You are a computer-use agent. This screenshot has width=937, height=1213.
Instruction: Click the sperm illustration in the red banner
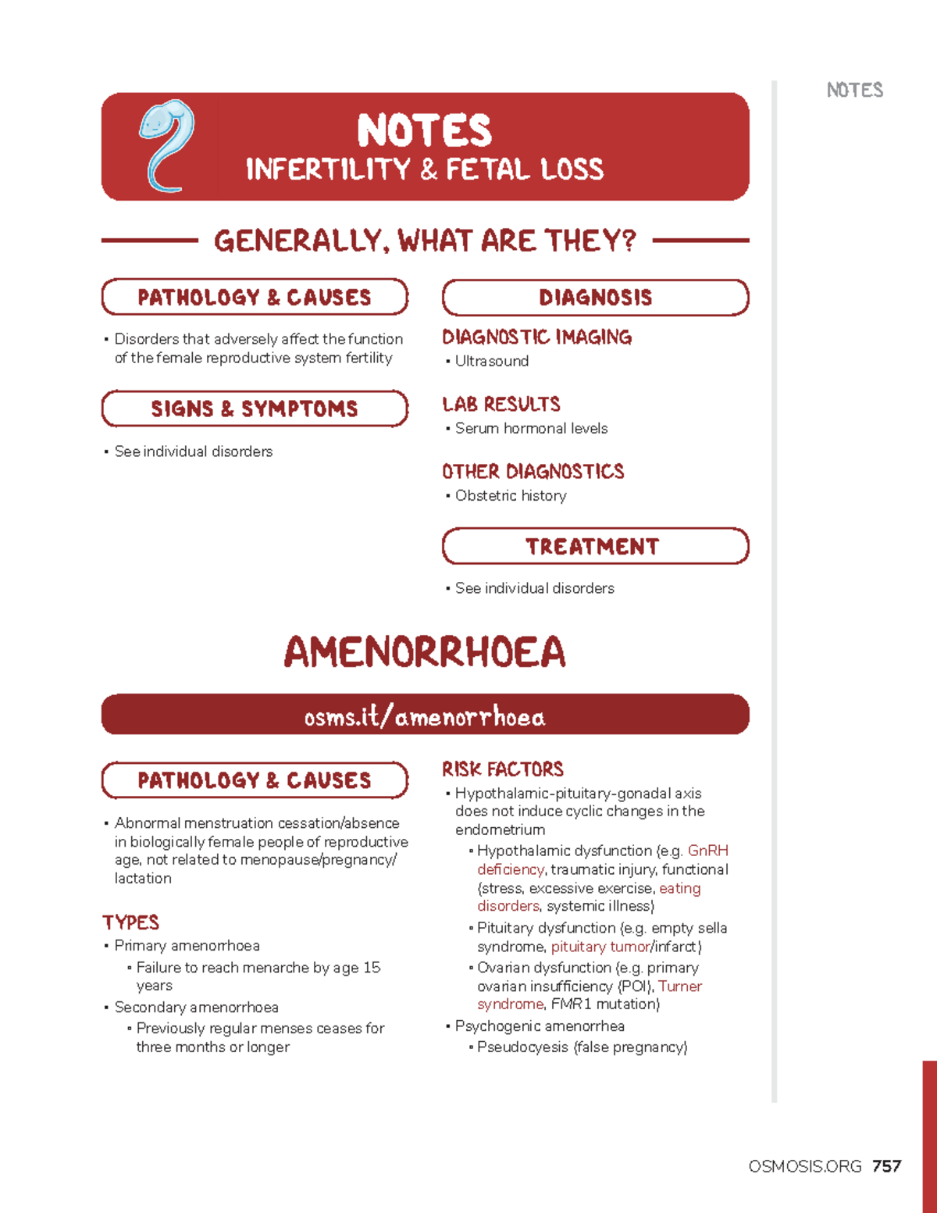(166, 145)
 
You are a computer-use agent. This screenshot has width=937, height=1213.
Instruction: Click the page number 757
(887, 1166)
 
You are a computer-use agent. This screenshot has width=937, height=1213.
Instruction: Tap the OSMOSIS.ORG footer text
(804, 1166)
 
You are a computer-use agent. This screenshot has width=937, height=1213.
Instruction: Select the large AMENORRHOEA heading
(425, 652)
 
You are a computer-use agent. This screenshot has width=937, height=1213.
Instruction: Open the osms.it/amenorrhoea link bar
(425, 715)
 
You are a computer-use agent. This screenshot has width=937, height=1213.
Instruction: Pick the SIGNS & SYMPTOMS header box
(255, 408)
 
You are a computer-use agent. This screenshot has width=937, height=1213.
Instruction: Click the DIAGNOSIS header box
(595, 298)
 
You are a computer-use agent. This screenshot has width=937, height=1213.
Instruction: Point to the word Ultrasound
(492, 361)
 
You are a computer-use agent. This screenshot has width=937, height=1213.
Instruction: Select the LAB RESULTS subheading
(501, 404)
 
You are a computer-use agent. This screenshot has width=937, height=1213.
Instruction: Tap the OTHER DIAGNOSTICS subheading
(533, 471)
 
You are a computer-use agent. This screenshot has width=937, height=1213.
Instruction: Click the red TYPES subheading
(130, 922)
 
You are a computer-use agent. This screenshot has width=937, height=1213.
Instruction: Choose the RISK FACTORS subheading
(503, 769)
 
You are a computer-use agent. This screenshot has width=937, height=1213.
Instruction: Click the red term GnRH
(707, 851)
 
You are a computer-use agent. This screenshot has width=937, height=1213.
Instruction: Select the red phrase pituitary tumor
(600, 947)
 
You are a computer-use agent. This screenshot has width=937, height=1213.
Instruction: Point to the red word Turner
(680, 986)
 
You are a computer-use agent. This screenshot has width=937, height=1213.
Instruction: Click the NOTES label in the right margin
(855, 91)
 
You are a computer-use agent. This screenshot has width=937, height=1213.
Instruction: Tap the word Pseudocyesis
(522, 1047)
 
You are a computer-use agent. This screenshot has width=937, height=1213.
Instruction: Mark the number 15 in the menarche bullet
(372, 968)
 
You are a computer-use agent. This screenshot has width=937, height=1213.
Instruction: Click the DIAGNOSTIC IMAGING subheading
(537, 337)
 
